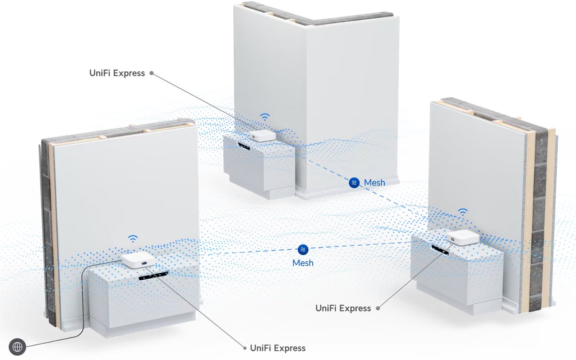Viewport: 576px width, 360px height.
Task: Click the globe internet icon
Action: (17, 347)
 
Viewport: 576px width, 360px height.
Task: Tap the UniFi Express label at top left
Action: (117, 73)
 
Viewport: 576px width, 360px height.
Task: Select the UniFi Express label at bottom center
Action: (278, 348)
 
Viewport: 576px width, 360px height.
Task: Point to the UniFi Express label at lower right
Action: (343, 308)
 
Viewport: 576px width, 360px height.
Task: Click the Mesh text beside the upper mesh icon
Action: (375, 183)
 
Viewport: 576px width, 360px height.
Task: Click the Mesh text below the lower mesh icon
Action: (303, 263)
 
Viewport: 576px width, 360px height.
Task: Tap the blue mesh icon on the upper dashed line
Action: (354, 183)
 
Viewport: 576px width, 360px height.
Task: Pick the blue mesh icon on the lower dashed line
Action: (303, 249)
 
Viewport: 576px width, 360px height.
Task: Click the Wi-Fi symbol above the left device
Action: (133, 239)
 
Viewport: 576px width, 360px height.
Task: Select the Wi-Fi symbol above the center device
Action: (265, 117)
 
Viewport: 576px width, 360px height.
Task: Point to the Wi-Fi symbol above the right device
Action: (462, 212)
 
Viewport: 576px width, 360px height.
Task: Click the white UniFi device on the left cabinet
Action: (138, 260)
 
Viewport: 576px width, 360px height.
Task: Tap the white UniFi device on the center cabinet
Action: (263, 136)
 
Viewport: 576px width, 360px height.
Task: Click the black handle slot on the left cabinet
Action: (154, 276)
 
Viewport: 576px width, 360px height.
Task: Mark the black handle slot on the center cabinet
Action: (244, 146)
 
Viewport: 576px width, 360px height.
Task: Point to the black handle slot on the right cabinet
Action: (440, 250)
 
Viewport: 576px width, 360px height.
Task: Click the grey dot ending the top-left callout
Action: (152, 73)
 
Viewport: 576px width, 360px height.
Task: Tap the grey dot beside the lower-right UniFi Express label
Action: (378, 308)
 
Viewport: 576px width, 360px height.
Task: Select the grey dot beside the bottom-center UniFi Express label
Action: (245, 348)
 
